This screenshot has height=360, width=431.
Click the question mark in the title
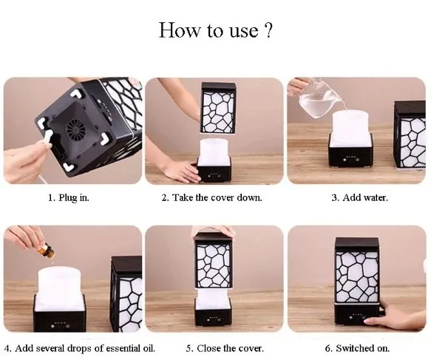pos(268,30)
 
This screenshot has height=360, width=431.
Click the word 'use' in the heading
pos(244,31)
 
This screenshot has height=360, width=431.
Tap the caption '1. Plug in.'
pos(69,197)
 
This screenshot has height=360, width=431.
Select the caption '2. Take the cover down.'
pos(211,197)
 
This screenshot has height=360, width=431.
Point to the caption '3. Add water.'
pos(359,197)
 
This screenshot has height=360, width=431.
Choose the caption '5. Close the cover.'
pos(225,348)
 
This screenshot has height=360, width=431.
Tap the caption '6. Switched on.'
pos(357,348)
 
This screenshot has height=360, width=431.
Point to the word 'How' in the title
pos(180,30)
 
